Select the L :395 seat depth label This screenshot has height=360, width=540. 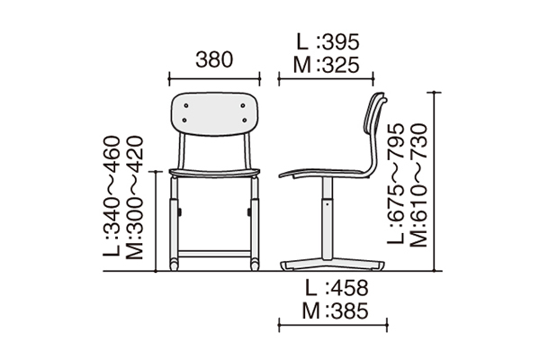tap(328, 43)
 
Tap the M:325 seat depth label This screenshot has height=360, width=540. tap(328, 65)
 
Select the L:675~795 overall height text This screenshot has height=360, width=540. tap(397, 185)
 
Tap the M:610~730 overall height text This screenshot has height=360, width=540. tap(418, 185)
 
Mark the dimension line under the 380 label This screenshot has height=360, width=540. tap(215, 79)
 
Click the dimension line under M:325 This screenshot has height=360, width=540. tap(328, 79)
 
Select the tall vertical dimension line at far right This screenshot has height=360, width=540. tap(436, 180)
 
